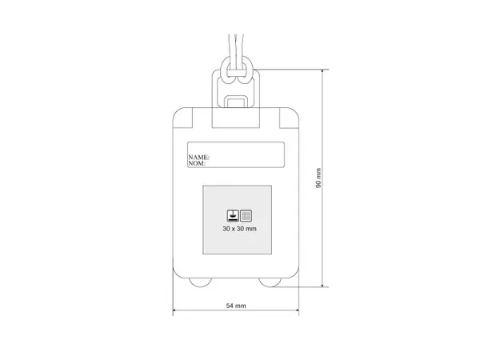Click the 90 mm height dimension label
point(318,178)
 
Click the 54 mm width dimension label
point(236,306)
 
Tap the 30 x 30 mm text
point(239,229)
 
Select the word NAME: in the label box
point(198,157)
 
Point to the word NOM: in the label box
point(197,163)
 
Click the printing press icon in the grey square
point(233,215)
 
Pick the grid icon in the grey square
point(246,215)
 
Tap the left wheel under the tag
point(200,282)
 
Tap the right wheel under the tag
point(270,282)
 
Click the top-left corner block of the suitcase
point(182,118)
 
